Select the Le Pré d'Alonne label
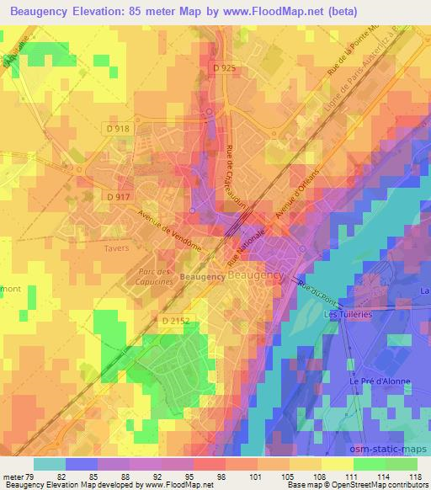pyautogui.click(x=380, y=381)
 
